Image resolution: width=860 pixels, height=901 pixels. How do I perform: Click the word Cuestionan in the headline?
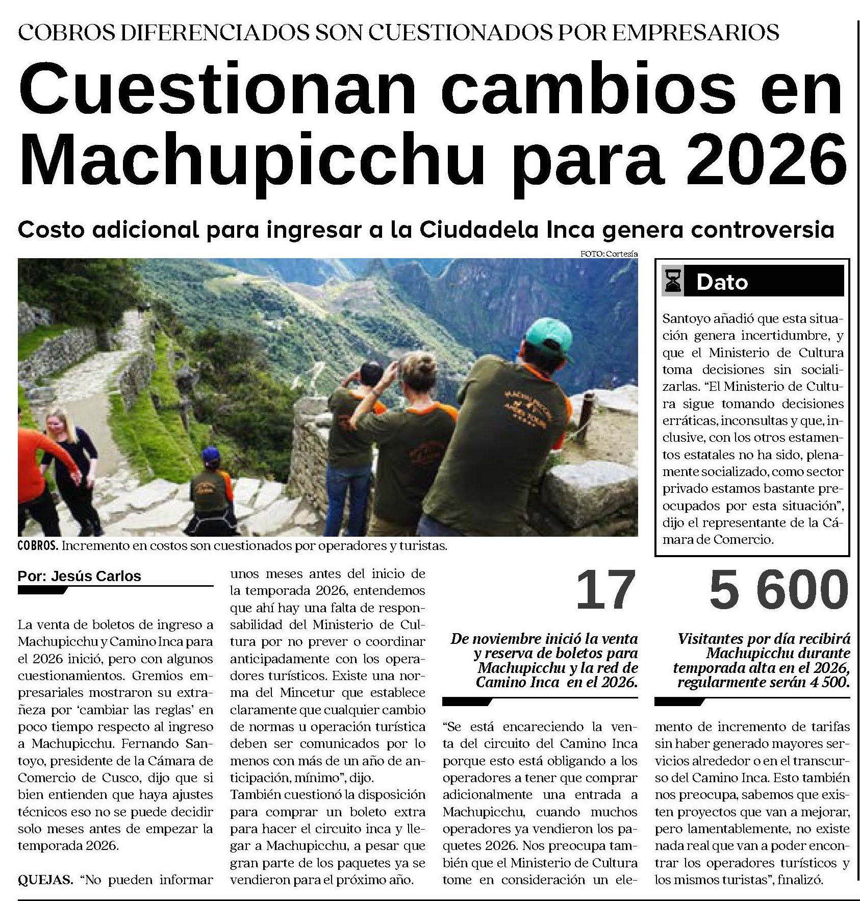point(214,89)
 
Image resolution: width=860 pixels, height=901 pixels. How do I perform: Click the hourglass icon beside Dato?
point(672,282)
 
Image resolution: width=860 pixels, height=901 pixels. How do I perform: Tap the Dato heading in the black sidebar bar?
point(722,282)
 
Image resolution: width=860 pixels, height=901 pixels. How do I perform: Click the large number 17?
point(605,590)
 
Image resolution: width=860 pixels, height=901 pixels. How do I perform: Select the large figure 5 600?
point(778,590)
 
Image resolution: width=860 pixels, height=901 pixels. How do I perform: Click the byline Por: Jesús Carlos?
point(79,577)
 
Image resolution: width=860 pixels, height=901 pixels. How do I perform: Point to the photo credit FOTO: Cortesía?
point(609,254)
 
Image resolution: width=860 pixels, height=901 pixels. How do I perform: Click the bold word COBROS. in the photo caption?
point(38,546)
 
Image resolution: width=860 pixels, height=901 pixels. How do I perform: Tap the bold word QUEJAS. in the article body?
point(45,880)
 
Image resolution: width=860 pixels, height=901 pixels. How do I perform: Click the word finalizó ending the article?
point(801,880)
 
